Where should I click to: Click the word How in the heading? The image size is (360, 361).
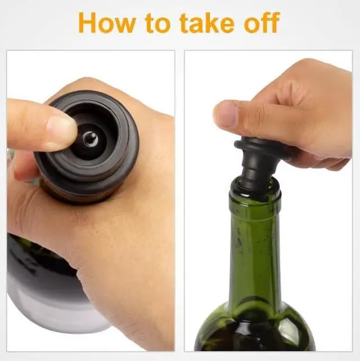(x=107, y=23)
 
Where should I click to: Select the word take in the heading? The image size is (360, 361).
(x=206, y=23)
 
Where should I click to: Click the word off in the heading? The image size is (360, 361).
(x=262, y=23)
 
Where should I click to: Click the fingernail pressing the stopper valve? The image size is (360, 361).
(x=62, y=126)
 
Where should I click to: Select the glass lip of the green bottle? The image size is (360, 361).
(x=255, y=193)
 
